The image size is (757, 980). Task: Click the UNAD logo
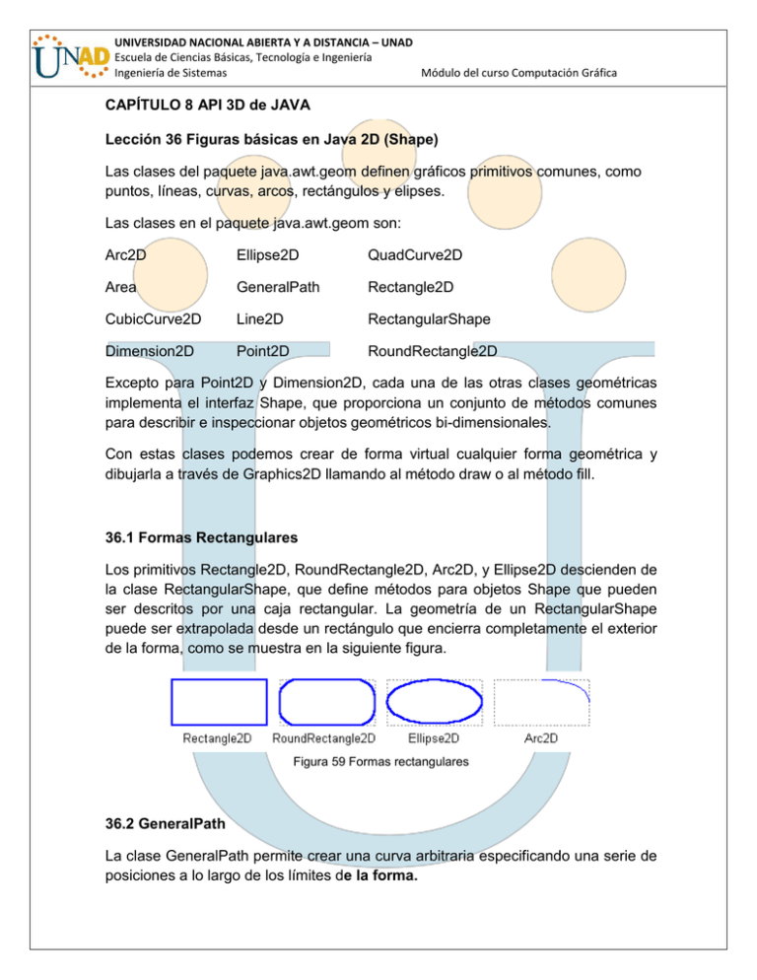coord(57,57)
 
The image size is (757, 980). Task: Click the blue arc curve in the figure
coord(570,690)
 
